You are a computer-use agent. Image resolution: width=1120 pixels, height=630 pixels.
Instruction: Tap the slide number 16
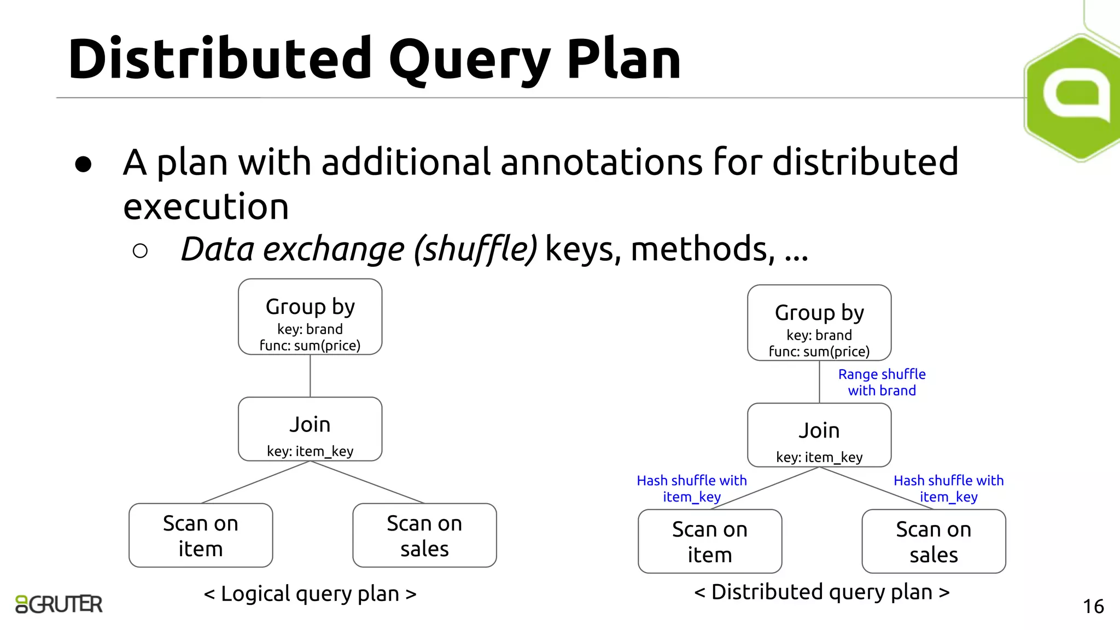(1093, 606)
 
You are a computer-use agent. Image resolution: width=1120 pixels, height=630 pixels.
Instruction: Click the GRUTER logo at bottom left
(59, 604)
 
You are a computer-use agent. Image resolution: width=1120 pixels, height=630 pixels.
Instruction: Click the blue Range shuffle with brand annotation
(882, 382)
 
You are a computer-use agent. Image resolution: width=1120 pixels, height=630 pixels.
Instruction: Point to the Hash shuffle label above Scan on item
(691, 488)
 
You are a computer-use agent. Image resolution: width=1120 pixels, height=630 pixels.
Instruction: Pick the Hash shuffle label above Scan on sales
(948, 488)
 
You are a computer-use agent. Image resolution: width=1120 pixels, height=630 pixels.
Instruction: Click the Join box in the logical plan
(310, 429)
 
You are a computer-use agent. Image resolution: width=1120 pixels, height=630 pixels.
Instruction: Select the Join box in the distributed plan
(819, 435)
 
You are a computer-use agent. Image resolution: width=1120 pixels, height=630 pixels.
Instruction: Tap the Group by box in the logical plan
(310, 317)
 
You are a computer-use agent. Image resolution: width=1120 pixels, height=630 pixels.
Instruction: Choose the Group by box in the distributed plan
(819, 323)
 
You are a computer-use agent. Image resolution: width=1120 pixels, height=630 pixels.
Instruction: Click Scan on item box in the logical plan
(201, 535)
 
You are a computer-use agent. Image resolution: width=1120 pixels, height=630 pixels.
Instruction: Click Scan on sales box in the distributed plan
(934, 541)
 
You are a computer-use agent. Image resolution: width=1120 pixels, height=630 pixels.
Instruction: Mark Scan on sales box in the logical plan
(424, 535)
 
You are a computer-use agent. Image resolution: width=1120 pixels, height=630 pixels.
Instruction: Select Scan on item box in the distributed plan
(710, 541)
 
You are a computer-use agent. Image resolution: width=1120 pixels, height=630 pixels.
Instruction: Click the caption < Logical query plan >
(310, 593)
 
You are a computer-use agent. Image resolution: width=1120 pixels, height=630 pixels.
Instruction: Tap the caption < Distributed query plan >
(821, 592)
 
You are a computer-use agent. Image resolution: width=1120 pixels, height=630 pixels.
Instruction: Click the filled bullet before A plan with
(83, 164)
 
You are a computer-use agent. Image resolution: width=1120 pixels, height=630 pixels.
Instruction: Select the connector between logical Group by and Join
(310, 376)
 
